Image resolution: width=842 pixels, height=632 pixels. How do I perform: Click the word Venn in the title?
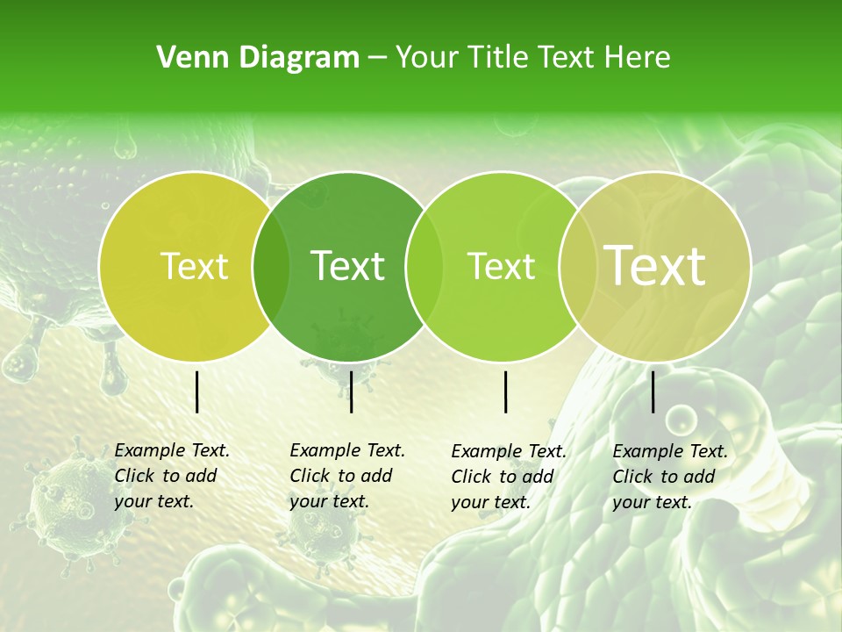point(185,58)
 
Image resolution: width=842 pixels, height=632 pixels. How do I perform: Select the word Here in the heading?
point(639,58)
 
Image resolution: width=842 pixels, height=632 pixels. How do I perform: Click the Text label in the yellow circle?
point(194,266)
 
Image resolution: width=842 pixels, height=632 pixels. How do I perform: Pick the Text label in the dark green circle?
point(348,266)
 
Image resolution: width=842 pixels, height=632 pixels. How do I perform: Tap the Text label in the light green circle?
point(502,266)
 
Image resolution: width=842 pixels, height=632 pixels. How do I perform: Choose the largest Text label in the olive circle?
point(655,266)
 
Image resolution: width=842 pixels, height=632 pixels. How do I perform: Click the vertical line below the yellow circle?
point(197,391)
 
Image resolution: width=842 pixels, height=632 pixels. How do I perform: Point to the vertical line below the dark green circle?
point(351,391)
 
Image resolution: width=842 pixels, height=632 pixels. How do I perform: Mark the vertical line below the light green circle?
point(506,391)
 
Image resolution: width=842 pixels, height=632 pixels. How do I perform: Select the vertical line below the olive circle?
point(653,391)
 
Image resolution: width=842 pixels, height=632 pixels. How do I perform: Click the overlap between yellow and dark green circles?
point(271,266)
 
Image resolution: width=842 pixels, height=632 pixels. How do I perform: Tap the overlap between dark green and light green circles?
point(424,266)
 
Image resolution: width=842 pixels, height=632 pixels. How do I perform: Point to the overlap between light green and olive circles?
point(574,266)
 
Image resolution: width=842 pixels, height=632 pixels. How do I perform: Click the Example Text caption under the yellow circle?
point(171,476)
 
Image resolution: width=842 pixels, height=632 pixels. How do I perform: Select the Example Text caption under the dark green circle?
point(346,476)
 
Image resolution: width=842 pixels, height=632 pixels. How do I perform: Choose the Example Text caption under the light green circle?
point(508,477)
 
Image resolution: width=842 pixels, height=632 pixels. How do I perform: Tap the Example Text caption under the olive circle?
point(669,477)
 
